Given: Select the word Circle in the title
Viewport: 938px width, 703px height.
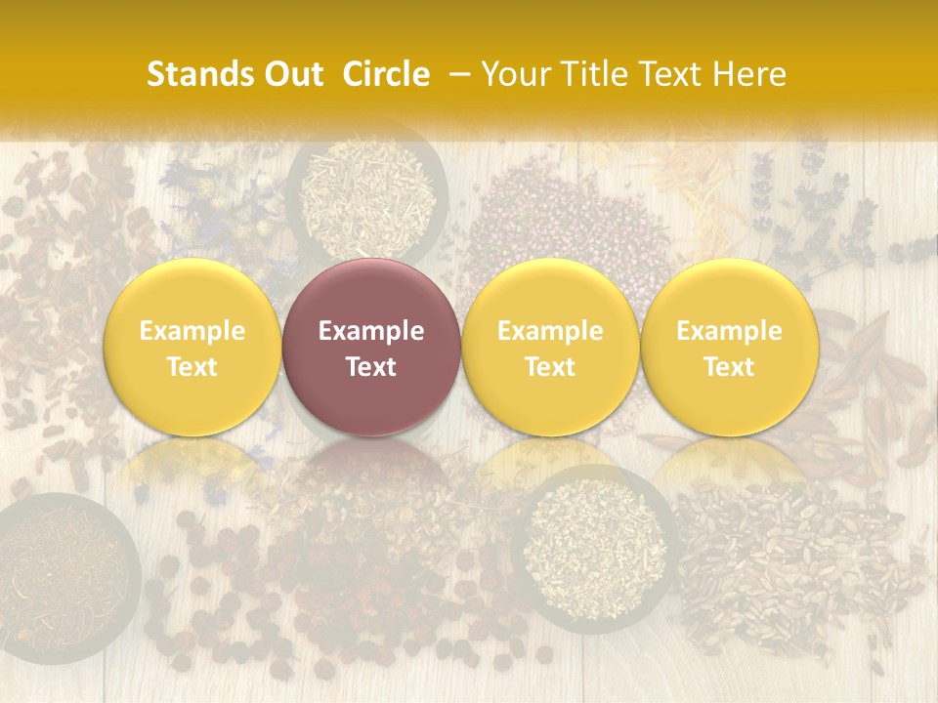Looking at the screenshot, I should [x=386, y=74].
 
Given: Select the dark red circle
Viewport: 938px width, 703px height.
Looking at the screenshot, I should [x=371, y=348].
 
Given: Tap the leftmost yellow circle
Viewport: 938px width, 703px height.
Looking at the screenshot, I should [x=192, y=348].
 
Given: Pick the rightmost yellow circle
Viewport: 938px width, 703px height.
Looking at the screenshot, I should [x=730, y=348].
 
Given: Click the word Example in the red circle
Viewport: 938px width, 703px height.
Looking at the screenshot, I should [x=371, y=331].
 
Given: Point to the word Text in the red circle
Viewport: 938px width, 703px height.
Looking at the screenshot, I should [x=371, y=367].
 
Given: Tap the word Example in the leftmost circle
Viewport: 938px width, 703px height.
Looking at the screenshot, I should [x=192, y=331].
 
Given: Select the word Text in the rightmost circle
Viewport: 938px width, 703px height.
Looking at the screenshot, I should [x=730, y=367].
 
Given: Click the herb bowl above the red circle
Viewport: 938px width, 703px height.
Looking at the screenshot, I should [x=367, y=190].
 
